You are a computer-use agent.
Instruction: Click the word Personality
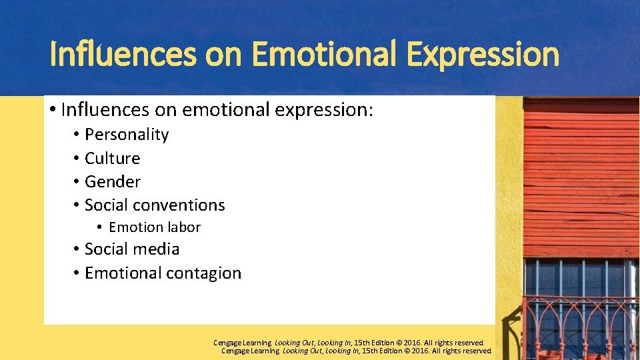coord(127,135)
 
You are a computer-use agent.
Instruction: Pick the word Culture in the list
coord(112,159)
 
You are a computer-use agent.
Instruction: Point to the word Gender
coord(113,182)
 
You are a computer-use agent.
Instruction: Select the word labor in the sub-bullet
coord(185,227)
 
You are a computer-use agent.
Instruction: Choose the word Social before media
coord(107,249)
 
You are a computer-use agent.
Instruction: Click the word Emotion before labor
coord(136,227)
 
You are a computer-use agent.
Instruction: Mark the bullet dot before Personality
coord(77,135)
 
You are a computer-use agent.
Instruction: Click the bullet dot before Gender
coord(77,182)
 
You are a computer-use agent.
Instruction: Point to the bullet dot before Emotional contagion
coord(77,273)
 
